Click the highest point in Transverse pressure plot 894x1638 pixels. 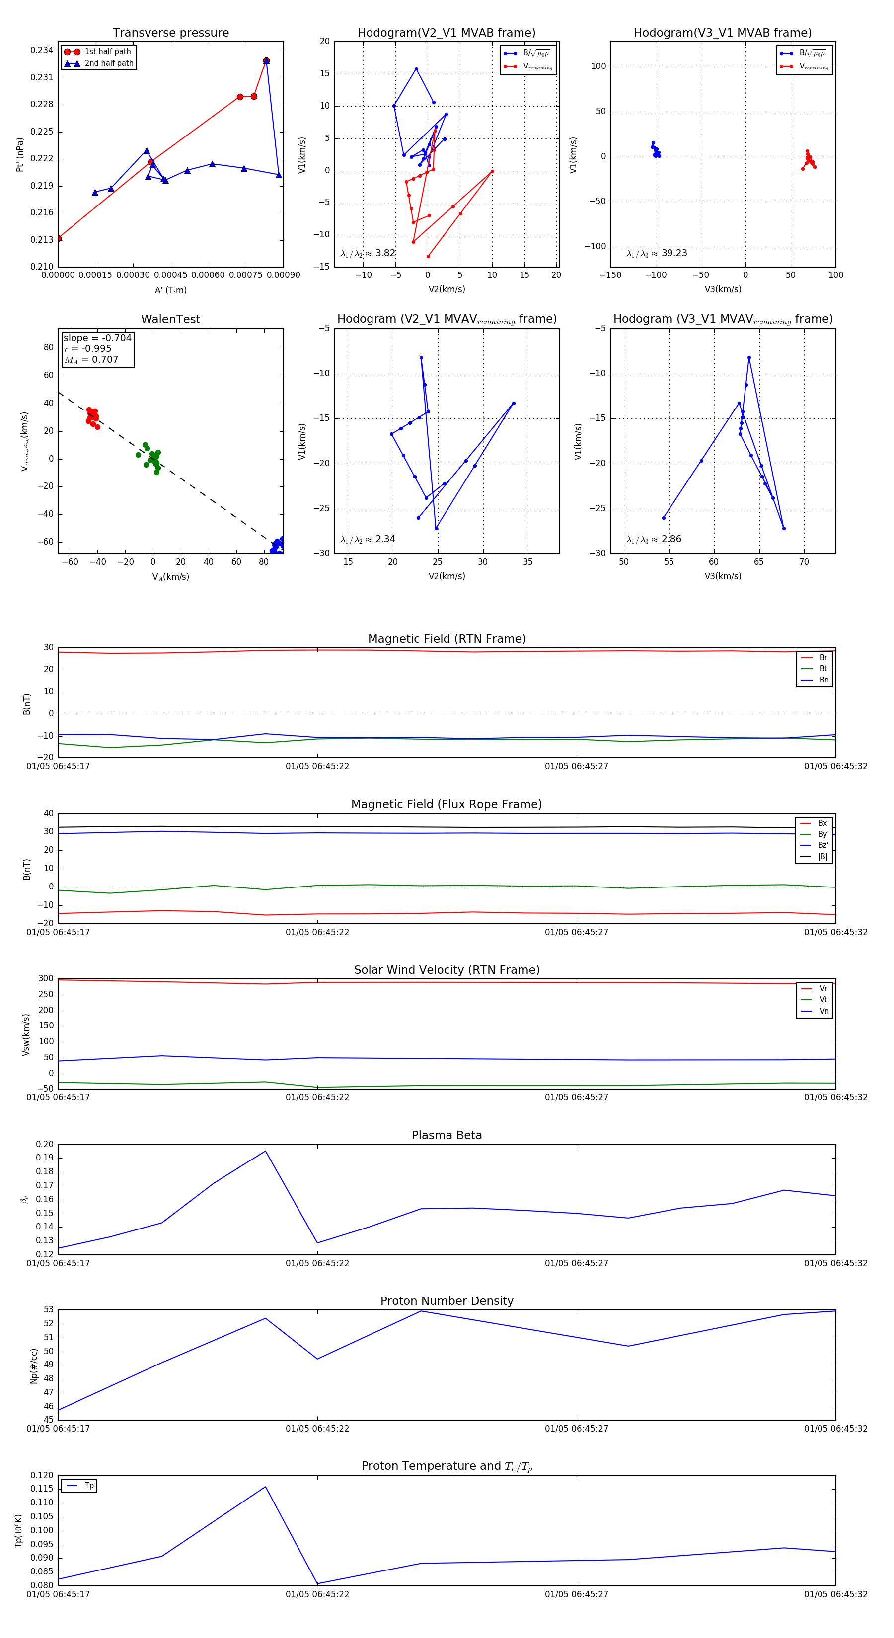coord(266,61)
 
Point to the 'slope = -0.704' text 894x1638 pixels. coord(97,338)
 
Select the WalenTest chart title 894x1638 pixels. coord(170,319)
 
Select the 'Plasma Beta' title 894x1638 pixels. coord(447,1135)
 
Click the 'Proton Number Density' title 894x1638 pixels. coord(447,1301)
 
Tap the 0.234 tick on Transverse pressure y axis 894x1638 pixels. coord(42,50)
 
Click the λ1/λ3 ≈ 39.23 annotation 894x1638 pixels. coord(657,253)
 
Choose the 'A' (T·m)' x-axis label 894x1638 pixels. coord(170,290)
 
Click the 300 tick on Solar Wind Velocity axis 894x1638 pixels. coord(46,979)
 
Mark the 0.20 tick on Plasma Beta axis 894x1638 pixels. coord(45,1145)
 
